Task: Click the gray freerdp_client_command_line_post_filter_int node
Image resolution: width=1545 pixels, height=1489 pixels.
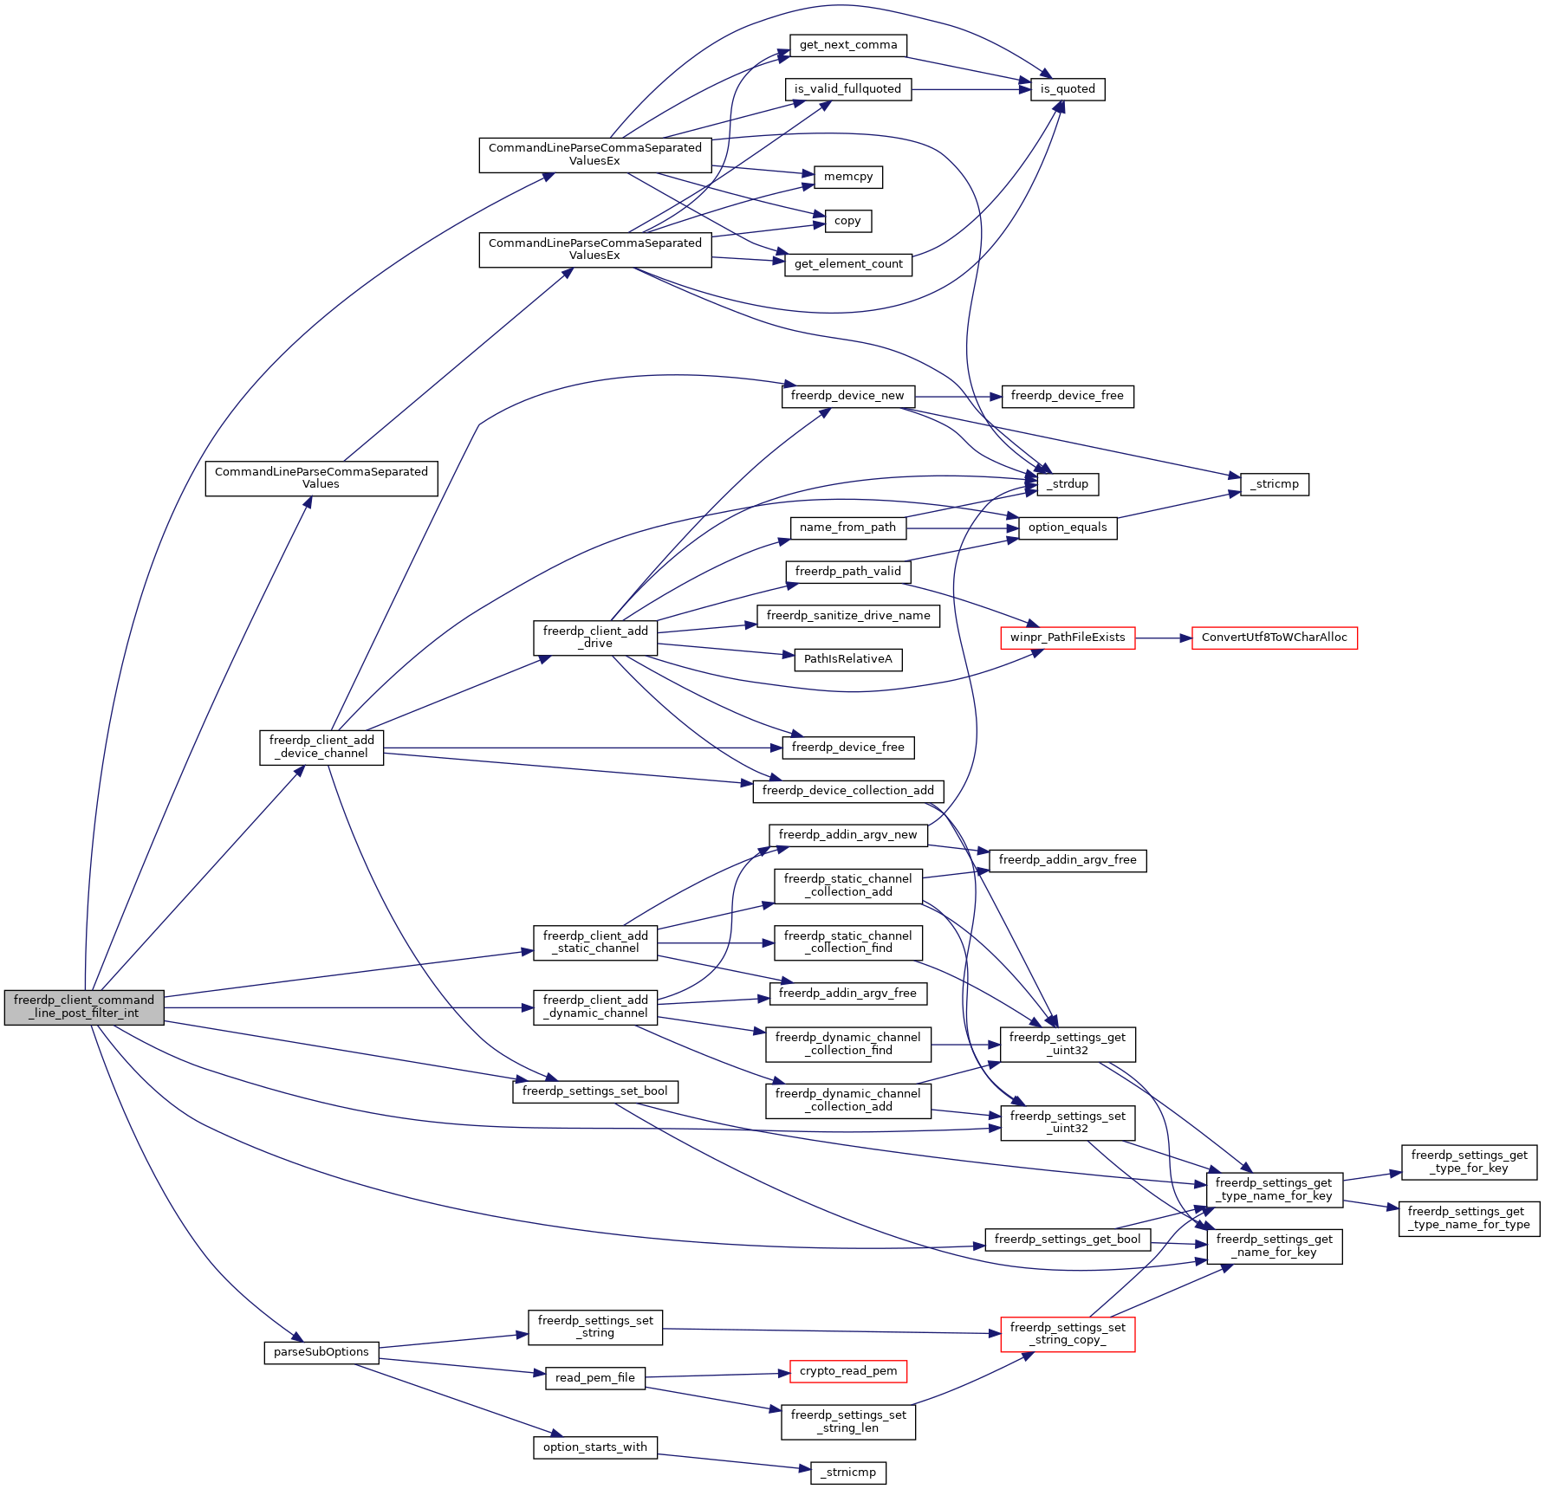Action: point(84,1007)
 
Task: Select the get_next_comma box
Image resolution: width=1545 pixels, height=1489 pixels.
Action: point(847,45)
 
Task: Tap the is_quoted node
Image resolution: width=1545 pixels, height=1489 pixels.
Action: point(1067,89)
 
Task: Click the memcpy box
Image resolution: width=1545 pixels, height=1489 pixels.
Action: point(847,177)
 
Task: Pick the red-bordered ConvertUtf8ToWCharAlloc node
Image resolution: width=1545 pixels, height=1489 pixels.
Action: point(1274,638)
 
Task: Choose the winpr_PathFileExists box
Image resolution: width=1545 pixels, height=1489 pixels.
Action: point(1067,638)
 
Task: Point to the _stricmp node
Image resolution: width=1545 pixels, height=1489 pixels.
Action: point(1274,484)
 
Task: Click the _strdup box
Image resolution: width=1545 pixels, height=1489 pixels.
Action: point(1067,484)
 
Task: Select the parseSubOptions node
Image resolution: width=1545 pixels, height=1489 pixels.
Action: point(321,1352)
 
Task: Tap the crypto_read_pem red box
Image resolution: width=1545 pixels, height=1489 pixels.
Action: point(847,1371)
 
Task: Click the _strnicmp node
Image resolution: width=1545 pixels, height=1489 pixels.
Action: point(847,1473)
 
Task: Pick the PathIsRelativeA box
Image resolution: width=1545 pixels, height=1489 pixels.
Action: point(847,659)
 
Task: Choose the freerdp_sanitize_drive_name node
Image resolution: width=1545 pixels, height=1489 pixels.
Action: point(847,616)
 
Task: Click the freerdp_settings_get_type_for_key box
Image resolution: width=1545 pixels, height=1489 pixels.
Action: point(1469,1162)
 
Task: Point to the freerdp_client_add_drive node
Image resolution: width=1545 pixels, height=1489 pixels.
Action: point(595,637)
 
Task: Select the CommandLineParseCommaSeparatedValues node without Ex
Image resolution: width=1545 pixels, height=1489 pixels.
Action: point(321,478)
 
